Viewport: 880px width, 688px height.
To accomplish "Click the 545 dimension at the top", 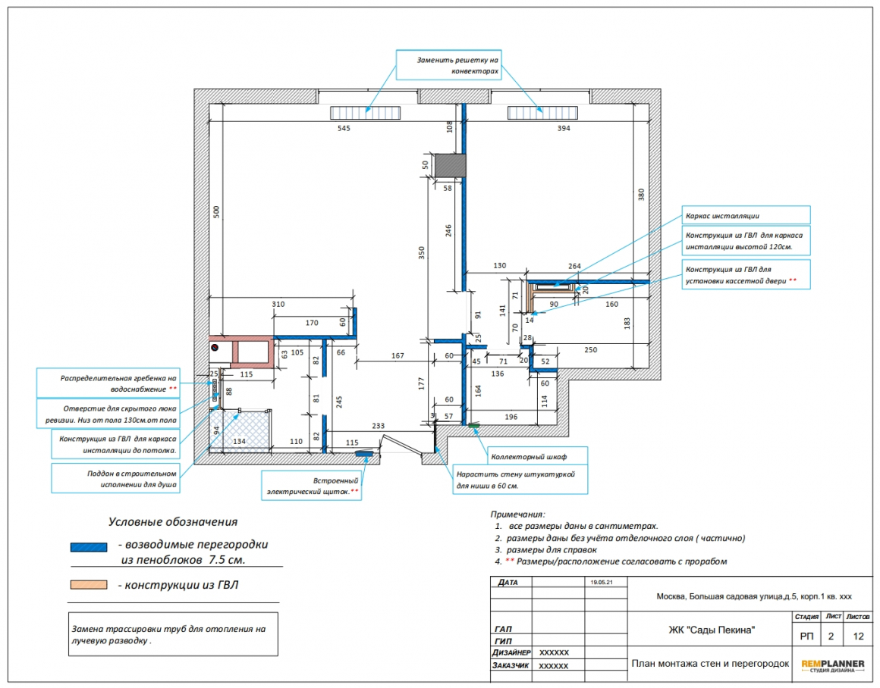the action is (x=344, y=128).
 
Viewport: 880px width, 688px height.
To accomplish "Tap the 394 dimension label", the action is (x=564, y=128).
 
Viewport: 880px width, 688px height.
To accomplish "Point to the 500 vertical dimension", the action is (x=217, y=212).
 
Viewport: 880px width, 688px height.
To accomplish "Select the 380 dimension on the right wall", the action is (x=641, y=195).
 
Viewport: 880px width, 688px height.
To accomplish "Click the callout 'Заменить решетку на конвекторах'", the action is (x=448, y=65).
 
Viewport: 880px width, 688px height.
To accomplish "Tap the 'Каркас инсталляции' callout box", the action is (x=746, y=215).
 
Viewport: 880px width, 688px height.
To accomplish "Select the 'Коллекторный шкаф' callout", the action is (x=536, y=456).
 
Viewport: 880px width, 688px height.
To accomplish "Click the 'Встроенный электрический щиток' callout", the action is (x=312, y=486).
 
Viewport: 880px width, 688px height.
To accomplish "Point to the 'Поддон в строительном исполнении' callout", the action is (x=115, y=478).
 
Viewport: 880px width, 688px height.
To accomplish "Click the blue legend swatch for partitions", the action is (x=89, y=547).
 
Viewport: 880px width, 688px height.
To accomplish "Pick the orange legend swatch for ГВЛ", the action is (x=89, y=585).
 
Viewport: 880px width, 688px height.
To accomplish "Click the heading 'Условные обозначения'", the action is (x=173, y=522).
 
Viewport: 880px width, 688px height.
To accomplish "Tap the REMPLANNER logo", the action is (x=833, y=665).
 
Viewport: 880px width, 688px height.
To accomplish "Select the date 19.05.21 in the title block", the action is (x=601, y=582).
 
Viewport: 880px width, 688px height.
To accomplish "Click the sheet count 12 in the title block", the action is (x=858, y=636).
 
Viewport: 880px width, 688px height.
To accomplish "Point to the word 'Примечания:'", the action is (x=517, y=514).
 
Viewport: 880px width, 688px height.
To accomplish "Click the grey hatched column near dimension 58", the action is (x=451, y=165).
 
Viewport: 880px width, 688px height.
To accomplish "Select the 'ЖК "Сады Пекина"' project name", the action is (x=711, y=630).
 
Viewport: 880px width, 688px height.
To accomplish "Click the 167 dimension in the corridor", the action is (x=398, y=355).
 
